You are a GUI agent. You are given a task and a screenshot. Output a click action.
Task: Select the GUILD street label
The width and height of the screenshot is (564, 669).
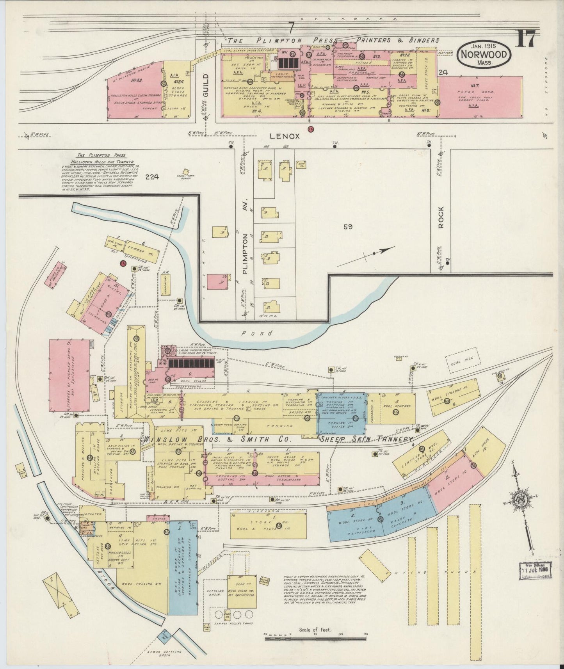tap(206, 85)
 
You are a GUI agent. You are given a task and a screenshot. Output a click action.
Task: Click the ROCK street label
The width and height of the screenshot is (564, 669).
tap(441, 218)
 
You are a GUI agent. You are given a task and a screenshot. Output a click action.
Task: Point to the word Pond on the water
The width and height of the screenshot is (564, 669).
tap(252, 333)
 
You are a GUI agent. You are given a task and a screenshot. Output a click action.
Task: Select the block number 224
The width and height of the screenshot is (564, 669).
tap(152, 177)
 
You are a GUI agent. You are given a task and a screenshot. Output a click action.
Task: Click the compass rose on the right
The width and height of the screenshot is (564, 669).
tap(521, 501)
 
